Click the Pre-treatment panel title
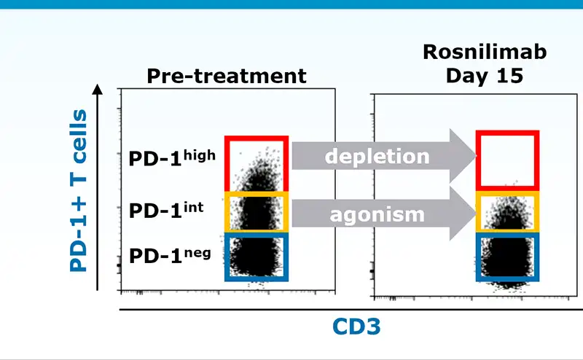(x=227, y=76)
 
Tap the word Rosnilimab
(x=485, y=52)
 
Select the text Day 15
(x=485, y=76)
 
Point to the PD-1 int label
(x=166, y=210)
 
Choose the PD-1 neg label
(x=170, y=256)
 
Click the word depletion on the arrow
(x=377, y=156)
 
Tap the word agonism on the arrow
(x=377, y=215)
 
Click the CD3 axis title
(x=356, y=326)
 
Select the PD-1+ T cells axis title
(x=79, y=190)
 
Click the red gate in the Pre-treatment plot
(x=227, y=164)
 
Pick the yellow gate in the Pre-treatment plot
(x=227, y=212)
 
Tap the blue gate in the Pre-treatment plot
(x=227, y=257)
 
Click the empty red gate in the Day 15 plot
(x=478, y=160)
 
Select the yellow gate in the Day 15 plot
(x=478, y=212)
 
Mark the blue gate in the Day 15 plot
(x=478, y=257)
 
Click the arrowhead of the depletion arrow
(x=463, y=156)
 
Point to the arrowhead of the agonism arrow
(x=463, y=214)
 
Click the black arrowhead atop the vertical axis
(x=98, y=89)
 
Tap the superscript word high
(x=199, y=155)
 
